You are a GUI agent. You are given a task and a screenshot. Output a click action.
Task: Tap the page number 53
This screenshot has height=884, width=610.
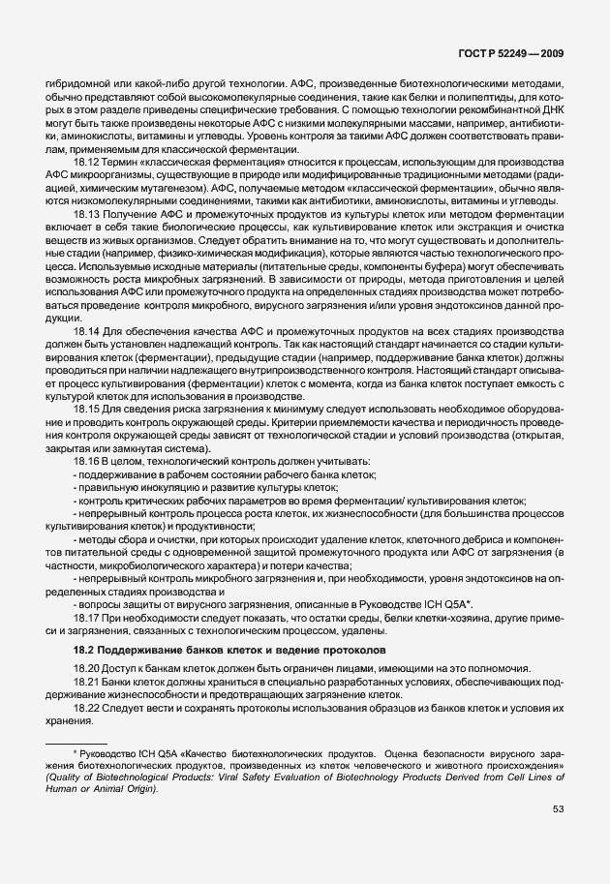(x=559, y=838)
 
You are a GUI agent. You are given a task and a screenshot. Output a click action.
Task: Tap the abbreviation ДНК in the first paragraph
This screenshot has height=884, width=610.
(x=551, y=110)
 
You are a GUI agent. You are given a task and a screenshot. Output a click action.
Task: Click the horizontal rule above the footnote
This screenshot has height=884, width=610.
(x=76, y=741)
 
